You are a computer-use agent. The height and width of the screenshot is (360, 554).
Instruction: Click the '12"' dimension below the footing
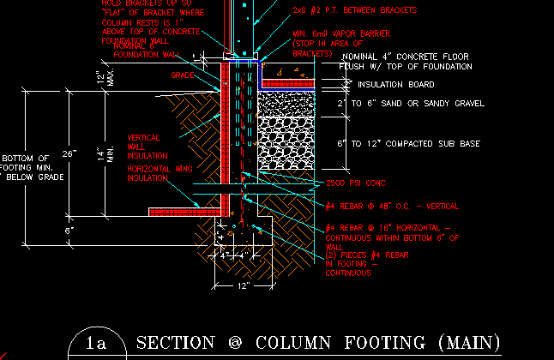(x=243, y=285)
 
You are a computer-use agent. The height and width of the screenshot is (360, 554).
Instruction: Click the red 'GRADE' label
(x=181, y=75)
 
